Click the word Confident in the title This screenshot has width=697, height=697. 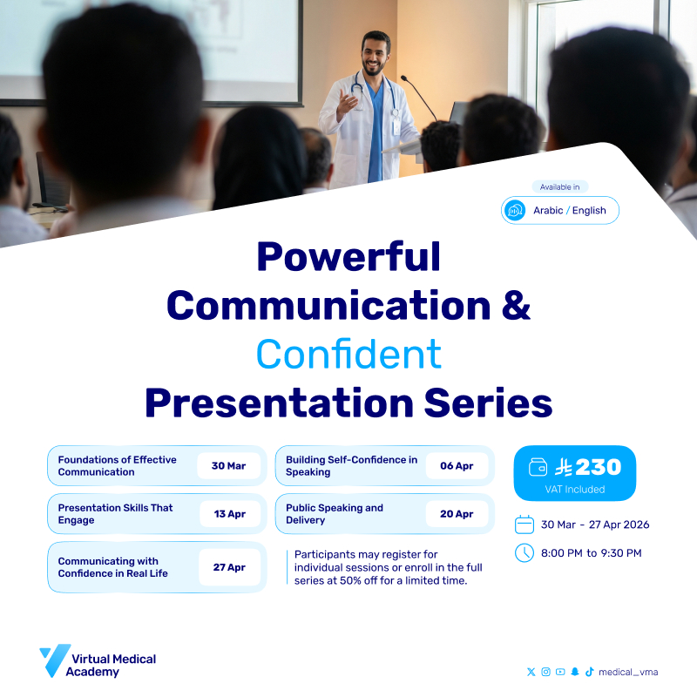pyautogui.click(x=348, y=355)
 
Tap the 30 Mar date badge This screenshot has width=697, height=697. pyautogui.click(x=228, y=466)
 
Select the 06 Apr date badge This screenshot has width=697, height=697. pyautogui.click(x=457, y=466)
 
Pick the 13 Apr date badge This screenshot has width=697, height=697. pyautogui.click(x=229, y=514)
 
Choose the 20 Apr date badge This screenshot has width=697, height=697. pyautogui.click(x=457, y=514)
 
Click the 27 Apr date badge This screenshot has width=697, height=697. pyautogui.click(x=229, y=567)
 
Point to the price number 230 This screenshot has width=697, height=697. pyautogui.click(x=598, y=467)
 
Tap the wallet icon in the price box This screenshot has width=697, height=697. pyautogui.click(x=538, y=468)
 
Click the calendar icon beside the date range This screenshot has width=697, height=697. pyautogui.click(x=524, y=524)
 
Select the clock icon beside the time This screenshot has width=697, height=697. pyautogui.click(x=524, y=552)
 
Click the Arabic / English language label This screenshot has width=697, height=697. pyautogui.click(x=569, y=211)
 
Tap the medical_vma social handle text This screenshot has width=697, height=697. pyautogui.click(x=628, y=672)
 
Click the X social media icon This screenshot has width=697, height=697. pyautogui.click(x=531, y=672)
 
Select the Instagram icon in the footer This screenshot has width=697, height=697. pyautogui.click(x=545, y=672)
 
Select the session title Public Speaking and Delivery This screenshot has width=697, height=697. pyautogui.click(x=335, y=514)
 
